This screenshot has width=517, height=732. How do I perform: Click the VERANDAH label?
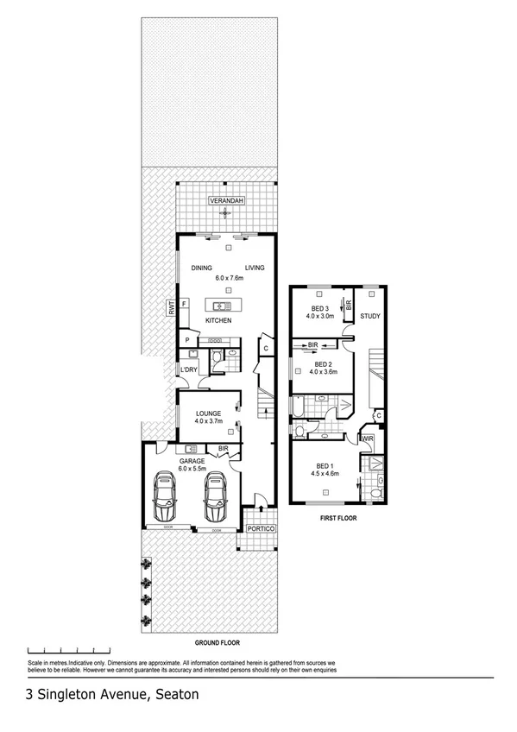click(x=228, y=202)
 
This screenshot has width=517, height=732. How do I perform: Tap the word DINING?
click(x=202, y=268)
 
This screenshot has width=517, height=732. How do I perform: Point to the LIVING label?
click(x=254, y=268)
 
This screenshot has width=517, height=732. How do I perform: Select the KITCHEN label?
click(x=218, y=321)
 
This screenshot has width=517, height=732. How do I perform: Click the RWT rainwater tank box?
click(x=173, y=306)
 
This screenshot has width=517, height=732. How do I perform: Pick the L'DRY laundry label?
click(x=189, y=370)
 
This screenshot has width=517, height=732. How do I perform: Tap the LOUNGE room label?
click(x=210, y=413)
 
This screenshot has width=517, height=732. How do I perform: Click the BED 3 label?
click(x=319, y=308)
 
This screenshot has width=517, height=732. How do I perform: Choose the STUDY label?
click(x=370, y=316)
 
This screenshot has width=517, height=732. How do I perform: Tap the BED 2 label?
click(x=325, y=364)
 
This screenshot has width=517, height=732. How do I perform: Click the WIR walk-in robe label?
click(x=367, y=439)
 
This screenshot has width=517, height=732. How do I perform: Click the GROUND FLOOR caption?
click(x=217, y=642)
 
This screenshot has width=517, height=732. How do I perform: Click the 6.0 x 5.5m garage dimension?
click(x=192, y=470)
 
